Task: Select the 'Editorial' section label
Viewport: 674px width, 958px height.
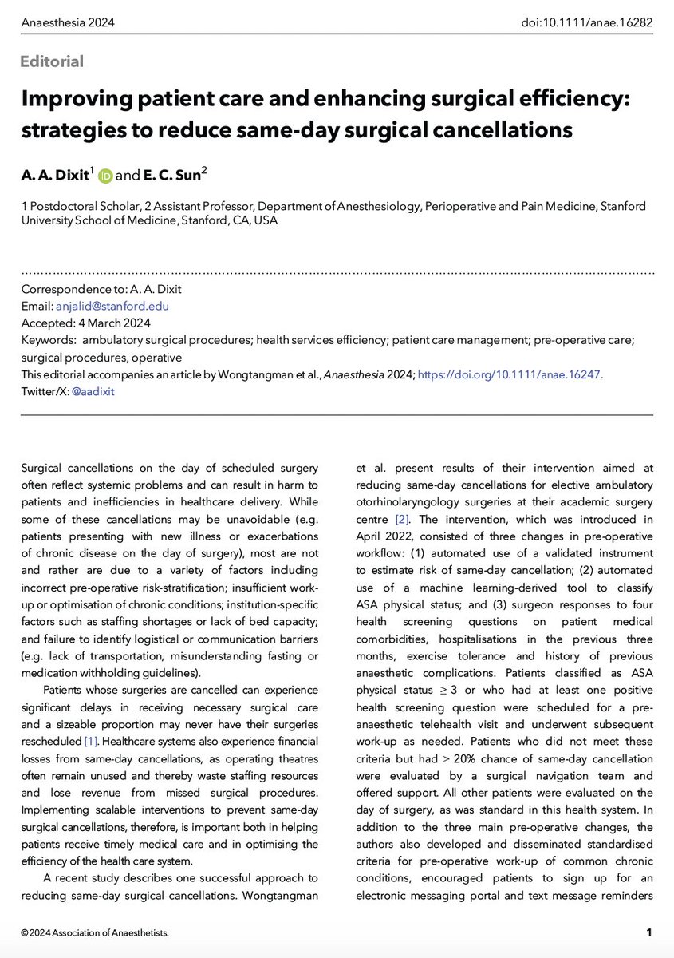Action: tap(53, 61)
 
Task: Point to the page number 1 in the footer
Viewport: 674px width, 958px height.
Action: tap(649, 932)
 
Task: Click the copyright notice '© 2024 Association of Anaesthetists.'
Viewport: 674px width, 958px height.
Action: tap(96, 932)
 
